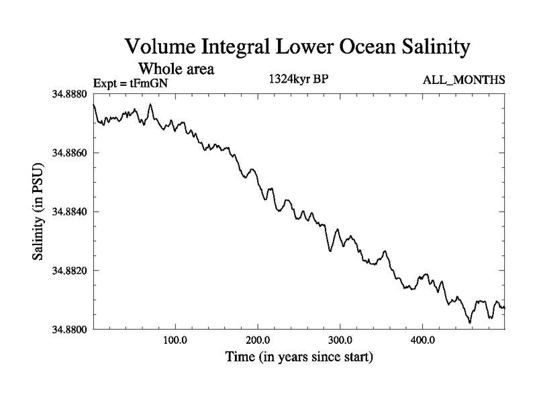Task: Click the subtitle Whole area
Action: [176, 69]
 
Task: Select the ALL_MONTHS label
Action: [464, 81]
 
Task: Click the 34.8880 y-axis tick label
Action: [68, 95]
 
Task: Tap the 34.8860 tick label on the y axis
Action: [68, 153]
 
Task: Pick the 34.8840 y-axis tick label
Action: [68, 212]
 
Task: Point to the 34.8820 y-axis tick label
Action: [68, 270]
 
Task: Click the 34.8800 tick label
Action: [68, 329]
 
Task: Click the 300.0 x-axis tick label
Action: [340, 340]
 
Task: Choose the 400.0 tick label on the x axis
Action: [422, 340]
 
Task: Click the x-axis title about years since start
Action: [299, 357]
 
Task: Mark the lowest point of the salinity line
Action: [470, 322]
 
